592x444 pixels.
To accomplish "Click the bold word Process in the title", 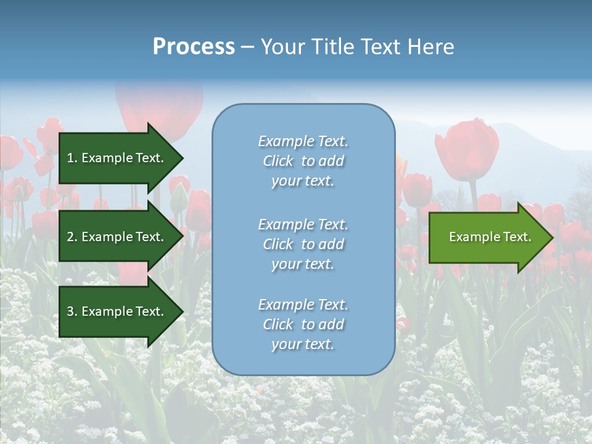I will (x=194, y=47).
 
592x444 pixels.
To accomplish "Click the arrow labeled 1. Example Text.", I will (x=117, y=158).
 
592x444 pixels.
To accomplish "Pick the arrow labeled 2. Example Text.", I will (x=117, y=237).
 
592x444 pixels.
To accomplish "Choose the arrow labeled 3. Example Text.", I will (x=117, y=311).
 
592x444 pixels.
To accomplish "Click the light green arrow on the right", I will (x=487, y=237).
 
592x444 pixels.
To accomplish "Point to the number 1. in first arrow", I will (x=72, y=158).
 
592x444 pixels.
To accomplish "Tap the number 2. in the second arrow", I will (x=72, y=237).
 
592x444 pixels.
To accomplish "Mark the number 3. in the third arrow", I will (x=72, y=311).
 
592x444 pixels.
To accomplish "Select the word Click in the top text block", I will (x=278, y=162).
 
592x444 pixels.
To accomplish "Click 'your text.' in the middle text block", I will (x=303, y=265).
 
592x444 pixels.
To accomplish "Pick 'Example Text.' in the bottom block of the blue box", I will (x=303, y=305).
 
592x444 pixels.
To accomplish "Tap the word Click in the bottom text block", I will (x=278, y=325).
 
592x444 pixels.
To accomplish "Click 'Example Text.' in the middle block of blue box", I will (x=303, y=224).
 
